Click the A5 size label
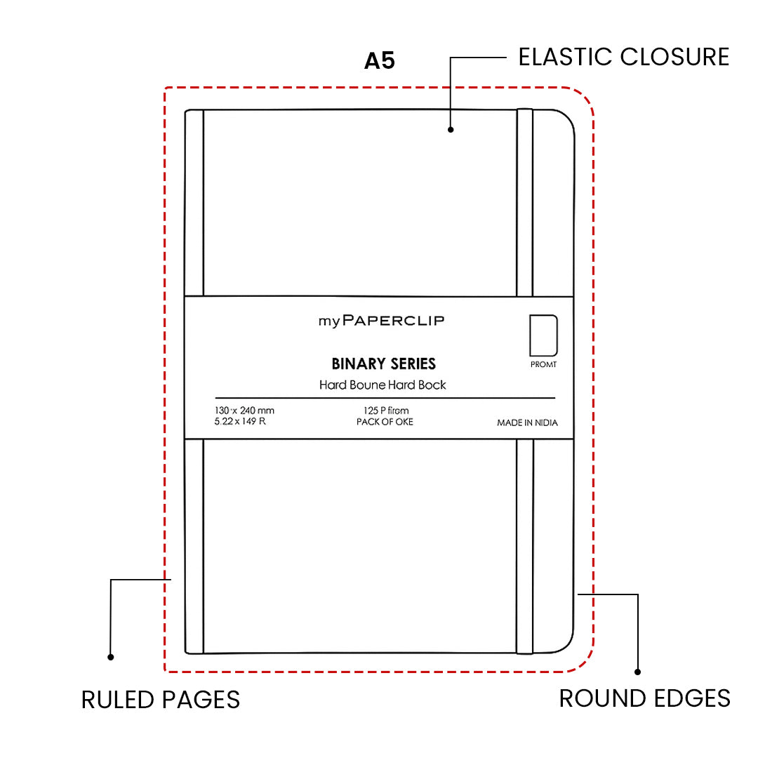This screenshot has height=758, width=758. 380,61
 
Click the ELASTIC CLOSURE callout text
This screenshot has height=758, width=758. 624,57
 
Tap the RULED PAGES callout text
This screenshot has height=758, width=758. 161,700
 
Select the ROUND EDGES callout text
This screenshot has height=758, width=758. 644,698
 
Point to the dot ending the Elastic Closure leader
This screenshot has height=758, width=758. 451,129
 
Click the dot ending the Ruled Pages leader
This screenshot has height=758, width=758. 110,657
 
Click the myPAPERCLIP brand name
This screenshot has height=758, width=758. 381,321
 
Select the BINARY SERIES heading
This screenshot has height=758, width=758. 383,364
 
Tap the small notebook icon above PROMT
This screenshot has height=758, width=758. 543,335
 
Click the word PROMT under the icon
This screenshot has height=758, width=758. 543,365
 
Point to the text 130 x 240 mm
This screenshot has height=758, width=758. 244,411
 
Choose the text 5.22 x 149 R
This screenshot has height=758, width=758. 240,422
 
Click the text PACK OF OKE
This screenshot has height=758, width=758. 385,422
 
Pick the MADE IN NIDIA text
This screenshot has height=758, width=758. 527,423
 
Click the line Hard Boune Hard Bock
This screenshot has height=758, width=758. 383,385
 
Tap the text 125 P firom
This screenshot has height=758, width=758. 385,411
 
